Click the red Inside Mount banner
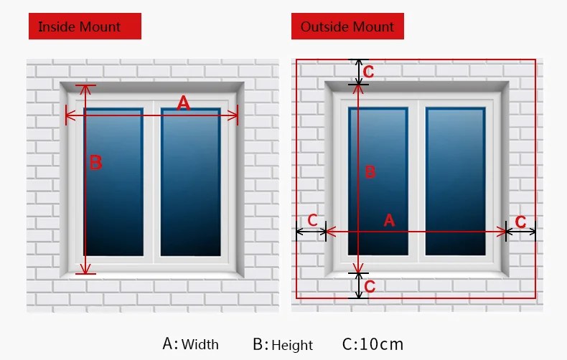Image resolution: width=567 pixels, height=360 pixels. (x=85, y=27)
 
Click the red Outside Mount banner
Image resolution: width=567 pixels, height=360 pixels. (x=347, y=27)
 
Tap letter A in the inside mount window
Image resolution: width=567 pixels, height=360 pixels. (x=184, y=103)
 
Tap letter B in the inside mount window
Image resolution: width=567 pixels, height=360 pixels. (x=95, y=163)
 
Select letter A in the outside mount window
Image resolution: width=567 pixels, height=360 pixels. (x=389, y=221)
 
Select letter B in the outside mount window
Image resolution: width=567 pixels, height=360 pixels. (x=370, y=171)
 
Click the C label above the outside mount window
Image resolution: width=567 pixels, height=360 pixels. (x=369, y=72)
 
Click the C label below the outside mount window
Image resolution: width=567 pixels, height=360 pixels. (x=370, y=287)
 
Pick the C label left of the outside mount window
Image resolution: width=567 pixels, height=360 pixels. (x=313, y=220)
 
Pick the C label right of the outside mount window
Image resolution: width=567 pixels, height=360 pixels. (x=521, y=222)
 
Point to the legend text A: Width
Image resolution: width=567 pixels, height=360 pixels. (x=190, y=344)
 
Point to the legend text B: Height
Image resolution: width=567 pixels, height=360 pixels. (x=283, y=344)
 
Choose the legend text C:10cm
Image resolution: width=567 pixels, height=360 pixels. (x=373, y=344)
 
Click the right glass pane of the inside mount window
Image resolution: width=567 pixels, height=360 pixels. (x=190, y=183)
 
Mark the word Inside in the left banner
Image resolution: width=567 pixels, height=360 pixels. (x=55, y=27)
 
